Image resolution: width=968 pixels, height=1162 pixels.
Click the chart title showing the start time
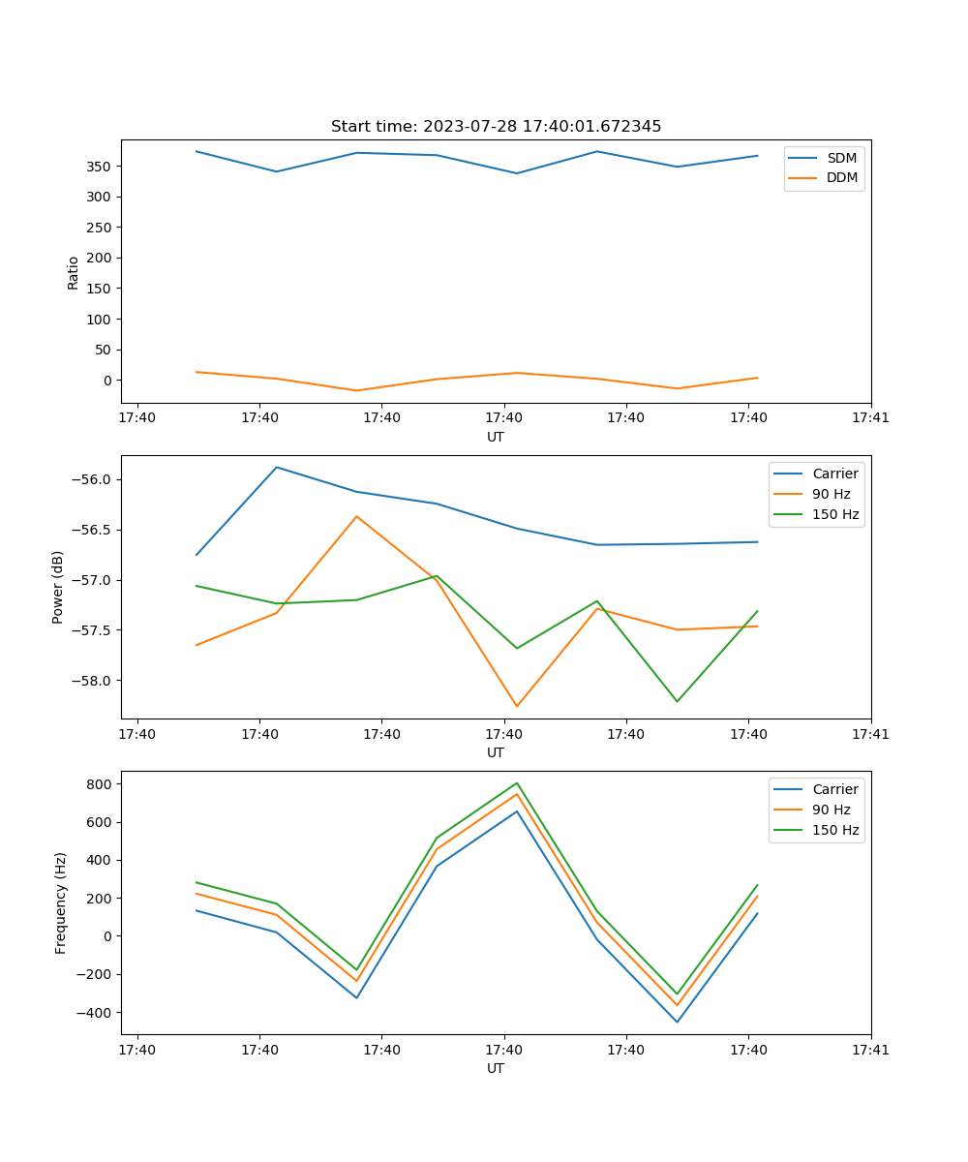point(496,127)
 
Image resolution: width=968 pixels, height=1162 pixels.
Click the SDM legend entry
point(841,158)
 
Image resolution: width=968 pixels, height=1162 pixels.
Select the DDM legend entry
point(841,178)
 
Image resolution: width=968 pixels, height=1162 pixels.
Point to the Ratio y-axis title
point(74,272)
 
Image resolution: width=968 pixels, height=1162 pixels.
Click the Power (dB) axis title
point(58,587)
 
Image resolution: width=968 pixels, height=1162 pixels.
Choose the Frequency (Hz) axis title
point(60,902)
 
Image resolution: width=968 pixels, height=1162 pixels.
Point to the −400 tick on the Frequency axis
point(97,1013)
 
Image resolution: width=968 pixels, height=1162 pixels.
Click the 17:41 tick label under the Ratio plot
point(870,418)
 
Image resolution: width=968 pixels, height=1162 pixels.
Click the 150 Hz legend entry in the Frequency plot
point(835,830)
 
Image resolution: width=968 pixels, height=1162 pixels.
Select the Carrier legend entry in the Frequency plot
point(835,789)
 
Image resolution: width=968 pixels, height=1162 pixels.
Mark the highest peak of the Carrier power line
point(277,467)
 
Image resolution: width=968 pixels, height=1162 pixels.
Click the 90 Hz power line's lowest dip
point(517,706)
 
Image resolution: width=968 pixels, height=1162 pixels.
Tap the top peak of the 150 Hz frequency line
point(517,782)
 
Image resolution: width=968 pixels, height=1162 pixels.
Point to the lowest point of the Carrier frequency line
point(677,1022)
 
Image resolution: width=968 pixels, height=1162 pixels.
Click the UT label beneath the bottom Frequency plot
point(496,1068)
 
